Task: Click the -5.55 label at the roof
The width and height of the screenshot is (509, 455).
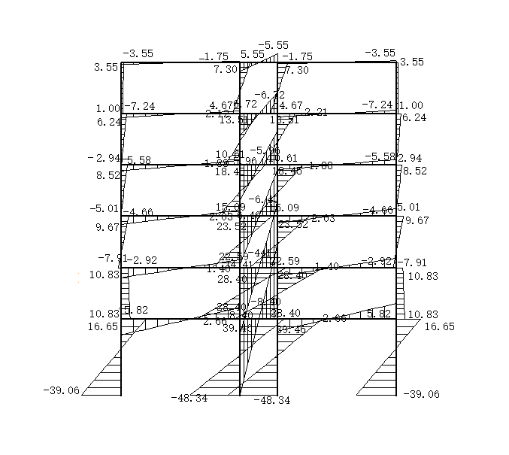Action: click(x=273, y=46)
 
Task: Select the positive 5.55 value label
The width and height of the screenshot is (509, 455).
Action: click(x=253, y=55)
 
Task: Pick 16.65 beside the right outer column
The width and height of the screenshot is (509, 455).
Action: click(x=439, y=327)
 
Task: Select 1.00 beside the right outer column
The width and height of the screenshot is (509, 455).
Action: click(x=411, y=106)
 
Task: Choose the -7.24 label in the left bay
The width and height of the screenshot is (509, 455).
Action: click(x=140, y=107)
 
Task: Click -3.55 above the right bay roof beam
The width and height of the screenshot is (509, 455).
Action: click(x=379, y=53)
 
